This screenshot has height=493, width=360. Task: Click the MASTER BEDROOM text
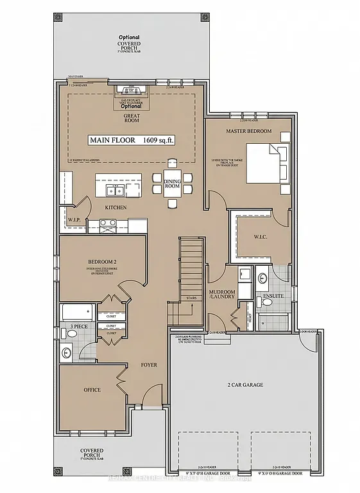[249, 131]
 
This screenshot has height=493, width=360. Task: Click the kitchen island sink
[116, 191]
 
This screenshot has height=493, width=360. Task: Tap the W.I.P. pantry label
[73, 220]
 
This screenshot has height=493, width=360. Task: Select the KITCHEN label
[116, 208]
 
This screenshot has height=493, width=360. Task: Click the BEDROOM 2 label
[101, 263]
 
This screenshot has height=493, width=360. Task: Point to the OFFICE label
[92, 390]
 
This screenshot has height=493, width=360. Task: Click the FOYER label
[149, 365]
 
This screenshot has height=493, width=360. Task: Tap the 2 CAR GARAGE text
[245, 385]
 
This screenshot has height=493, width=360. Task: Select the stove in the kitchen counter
[107, 225]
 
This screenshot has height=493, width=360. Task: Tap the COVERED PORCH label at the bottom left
[92, 454]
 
